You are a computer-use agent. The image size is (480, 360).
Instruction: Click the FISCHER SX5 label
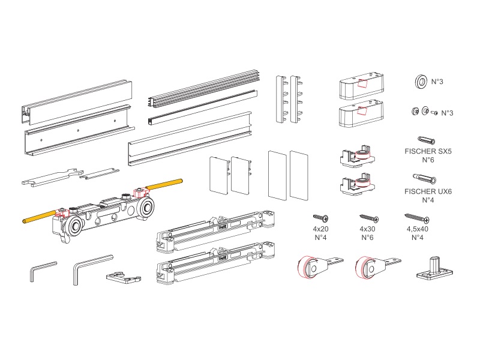pyautogui.click(x=428, y=151)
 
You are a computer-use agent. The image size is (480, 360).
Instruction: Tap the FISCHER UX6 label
pyautogui.click(x=428, y=191)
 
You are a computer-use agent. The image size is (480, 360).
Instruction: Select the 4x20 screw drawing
pyautogui.click(x=321, y=218)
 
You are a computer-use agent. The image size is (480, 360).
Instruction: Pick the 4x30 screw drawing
pyautogui.click(x=369, y=218)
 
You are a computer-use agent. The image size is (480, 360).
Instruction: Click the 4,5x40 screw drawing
pyautogui.click(x=417, y=218)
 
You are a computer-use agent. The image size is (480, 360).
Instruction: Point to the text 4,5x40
pyautogui.click(x=417, y=229)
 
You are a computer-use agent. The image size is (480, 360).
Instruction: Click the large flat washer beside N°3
pyautogui.click(x=421, y=82)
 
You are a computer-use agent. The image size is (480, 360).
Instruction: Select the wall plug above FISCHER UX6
pyautogui.click(x=425, y=178)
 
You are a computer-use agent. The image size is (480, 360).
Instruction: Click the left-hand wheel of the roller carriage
pyautogui.click(x=73, y=227)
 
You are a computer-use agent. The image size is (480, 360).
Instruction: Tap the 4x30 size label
pyautogui.click(x=367, y=229)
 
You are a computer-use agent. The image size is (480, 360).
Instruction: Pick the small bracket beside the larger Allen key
pyautogui.click(x=124, y=277)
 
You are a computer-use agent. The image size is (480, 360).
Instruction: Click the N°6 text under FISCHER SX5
pyautogui.click(x=428, y=160)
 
